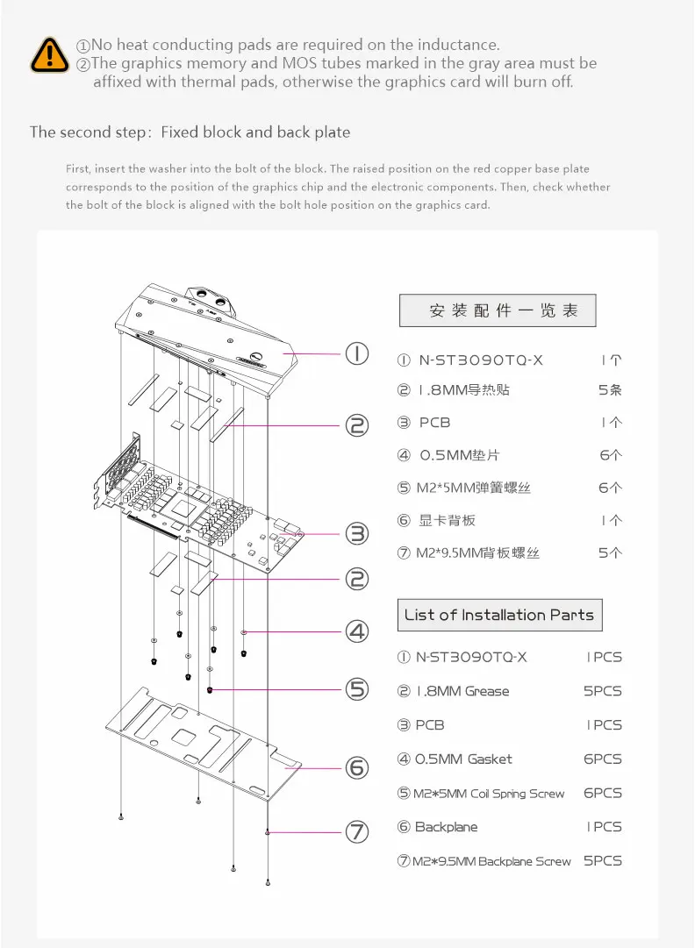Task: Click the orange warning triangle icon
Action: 49,54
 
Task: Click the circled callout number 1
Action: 356,354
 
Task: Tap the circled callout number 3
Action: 356,533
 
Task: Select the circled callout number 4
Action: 356,631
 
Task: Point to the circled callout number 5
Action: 356,689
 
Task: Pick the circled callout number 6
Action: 356,768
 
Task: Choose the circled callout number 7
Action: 356,832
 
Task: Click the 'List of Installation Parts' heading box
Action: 499,615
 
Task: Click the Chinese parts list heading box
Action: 498,310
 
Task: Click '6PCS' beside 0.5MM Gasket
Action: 603,759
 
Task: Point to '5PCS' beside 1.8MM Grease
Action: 603,691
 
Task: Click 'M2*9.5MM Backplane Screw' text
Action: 491,861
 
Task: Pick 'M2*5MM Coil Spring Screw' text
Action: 490,794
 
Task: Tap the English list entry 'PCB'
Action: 429,725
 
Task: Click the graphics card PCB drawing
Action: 197,509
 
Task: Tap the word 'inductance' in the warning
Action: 456,45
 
